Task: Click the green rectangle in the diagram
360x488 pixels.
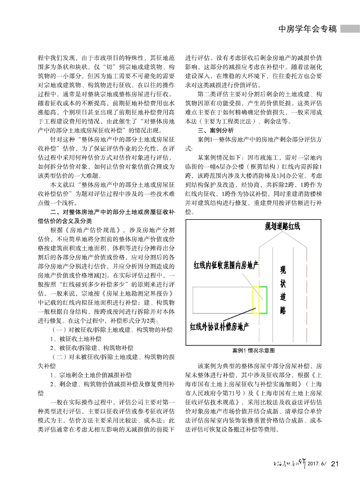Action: point(263,300)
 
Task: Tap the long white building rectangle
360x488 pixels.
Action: point(222,300)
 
